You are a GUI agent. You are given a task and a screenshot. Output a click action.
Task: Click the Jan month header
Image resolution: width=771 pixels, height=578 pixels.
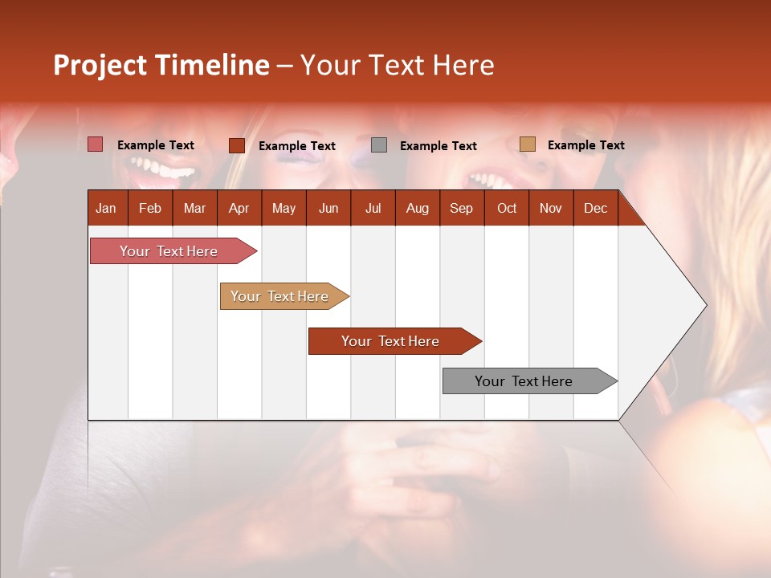point(106,208)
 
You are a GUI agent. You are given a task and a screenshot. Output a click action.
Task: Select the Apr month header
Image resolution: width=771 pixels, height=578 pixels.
point(239,208)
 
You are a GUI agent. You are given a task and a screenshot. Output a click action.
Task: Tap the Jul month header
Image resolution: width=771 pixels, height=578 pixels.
point(373,208)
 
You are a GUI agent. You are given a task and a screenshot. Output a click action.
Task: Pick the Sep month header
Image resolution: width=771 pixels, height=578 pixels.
point(461,208)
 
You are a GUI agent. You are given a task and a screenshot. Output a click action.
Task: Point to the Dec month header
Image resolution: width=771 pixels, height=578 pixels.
point(595,208)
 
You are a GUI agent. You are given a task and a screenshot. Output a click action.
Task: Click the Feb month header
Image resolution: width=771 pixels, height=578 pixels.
point(150,208)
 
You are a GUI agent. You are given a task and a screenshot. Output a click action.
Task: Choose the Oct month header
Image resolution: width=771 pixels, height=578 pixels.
point(507,208)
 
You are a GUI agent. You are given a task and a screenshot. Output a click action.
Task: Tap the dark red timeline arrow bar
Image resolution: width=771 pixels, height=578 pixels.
point(391,341)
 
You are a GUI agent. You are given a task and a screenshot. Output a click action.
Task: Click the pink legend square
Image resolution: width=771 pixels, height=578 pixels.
point(96,144)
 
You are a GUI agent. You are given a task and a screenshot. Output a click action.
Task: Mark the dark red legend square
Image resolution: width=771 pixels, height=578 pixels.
point(236,145)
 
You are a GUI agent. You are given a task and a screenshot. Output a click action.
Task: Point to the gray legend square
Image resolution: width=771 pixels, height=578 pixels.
point(379,145)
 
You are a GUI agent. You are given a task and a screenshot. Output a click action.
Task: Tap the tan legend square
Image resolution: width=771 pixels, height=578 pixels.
point(527,144)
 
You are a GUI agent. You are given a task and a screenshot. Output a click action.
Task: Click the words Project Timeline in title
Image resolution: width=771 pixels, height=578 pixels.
point(161,65)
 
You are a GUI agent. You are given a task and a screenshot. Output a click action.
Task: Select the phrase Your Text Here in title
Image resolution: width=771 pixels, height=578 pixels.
point(397,65)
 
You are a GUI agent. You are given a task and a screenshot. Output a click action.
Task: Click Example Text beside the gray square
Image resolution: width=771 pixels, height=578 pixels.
point(438,146)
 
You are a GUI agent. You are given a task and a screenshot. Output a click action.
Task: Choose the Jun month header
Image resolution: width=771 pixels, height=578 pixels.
point(328,208)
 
